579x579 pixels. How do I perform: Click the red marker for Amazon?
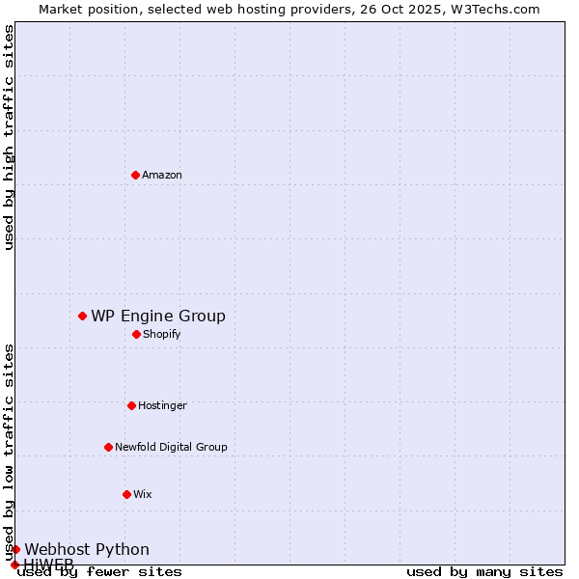coord(135,175)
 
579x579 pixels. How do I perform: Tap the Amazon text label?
coord(162,175)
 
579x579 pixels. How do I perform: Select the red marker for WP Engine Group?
coord(82,316)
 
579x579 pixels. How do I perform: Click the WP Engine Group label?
coord(158,316)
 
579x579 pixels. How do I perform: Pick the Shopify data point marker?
coord(136,334)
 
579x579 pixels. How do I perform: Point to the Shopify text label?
coord(161,334)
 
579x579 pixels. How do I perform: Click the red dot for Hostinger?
coord(131,405)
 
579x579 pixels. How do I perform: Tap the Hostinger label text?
coord(162,405)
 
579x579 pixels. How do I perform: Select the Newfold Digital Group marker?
coord(108,447)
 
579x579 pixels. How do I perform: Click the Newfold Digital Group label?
coord(171,447)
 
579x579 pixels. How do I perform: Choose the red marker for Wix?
coord(126,494)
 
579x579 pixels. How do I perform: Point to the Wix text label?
coord(143,494)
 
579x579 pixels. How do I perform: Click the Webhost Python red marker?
coord(15,549)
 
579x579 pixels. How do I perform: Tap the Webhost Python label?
coord(87,549)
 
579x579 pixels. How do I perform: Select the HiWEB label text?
coord(48,564)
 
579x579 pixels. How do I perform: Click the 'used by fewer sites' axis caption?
coord(99,571)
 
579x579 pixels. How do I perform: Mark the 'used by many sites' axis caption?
coord(484,571)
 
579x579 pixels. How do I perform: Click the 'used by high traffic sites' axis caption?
coord(9,137)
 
